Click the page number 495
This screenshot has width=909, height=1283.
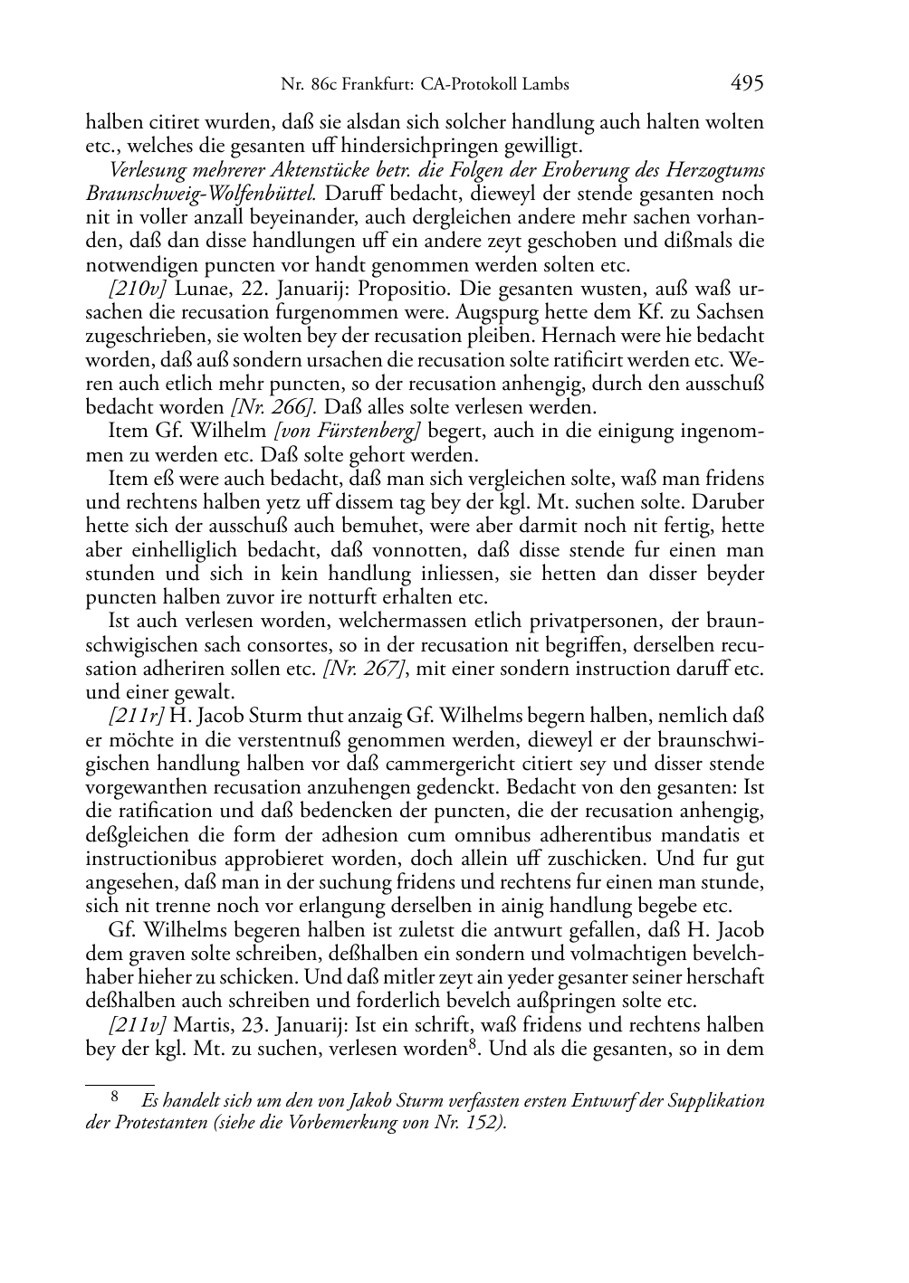pos(747,83)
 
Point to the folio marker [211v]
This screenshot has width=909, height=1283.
pos(137,1026)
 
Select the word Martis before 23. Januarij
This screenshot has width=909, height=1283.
pos(200,1026)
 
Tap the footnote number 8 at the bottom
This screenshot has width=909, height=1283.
pos(115,1099)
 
